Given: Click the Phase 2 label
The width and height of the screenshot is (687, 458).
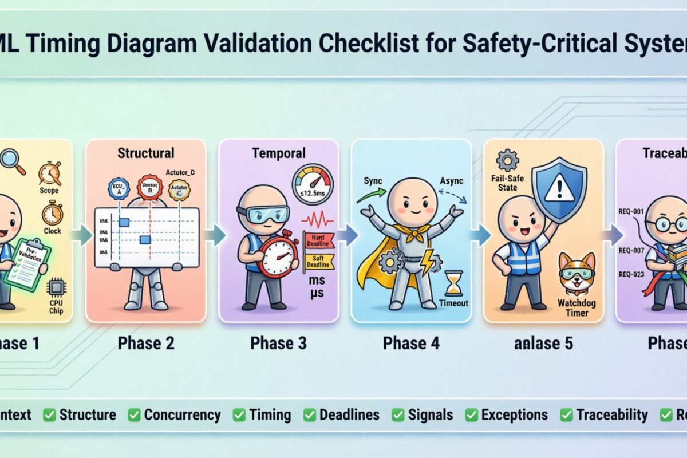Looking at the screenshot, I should pos(145,343).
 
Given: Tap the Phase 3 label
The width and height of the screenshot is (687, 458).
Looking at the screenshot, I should pos(278,343).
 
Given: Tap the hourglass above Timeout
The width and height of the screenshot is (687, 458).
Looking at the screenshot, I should pos(454,283).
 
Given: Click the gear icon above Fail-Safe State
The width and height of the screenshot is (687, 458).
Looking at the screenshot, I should pos(508,160).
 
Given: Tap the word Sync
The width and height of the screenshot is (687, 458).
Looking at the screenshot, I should pos(374,181).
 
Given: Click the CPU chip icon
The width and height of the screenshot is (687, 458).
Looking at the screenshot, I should pos(56,287).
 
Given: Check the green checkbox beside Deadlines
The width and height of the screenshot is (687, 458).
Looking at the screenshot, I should pos(309,415).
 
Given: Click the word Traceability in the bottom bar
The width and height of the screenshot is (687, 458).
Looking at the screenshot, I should pos(612,415).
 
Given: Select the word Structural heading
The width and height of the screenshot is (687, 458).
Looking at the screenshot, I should pos(145,153).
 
